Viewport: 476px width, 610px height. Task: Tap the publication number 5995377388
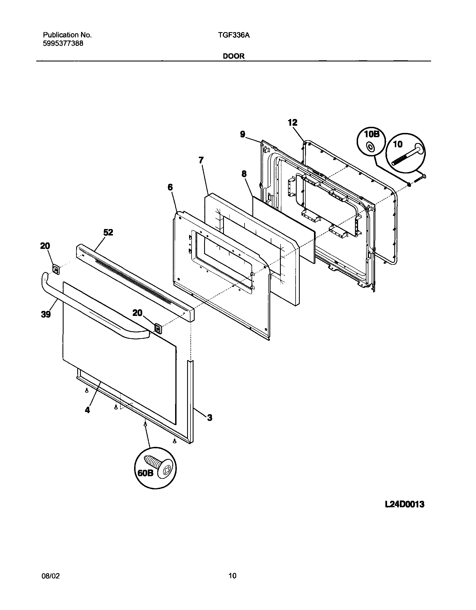click(63, 44)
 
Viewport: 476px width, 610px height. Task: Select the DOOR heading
click(233, 56)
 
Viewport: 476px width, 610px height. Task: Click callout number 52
click(108, 232)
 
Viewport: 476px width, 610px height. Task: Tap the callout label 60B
click(146, 473)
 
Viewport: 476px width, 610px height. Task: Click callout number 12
click(293, 122)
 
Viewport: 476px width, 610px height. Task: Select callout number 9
click(243, 134)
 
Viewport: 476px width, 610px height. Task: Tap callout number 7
click(201, 160)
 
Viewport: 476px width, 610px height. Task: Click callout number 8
click(244, 174)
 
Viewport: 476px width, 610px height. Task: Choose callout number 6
click(170, 187)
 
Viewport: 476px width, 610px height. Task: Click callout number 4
click(87, 410)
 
